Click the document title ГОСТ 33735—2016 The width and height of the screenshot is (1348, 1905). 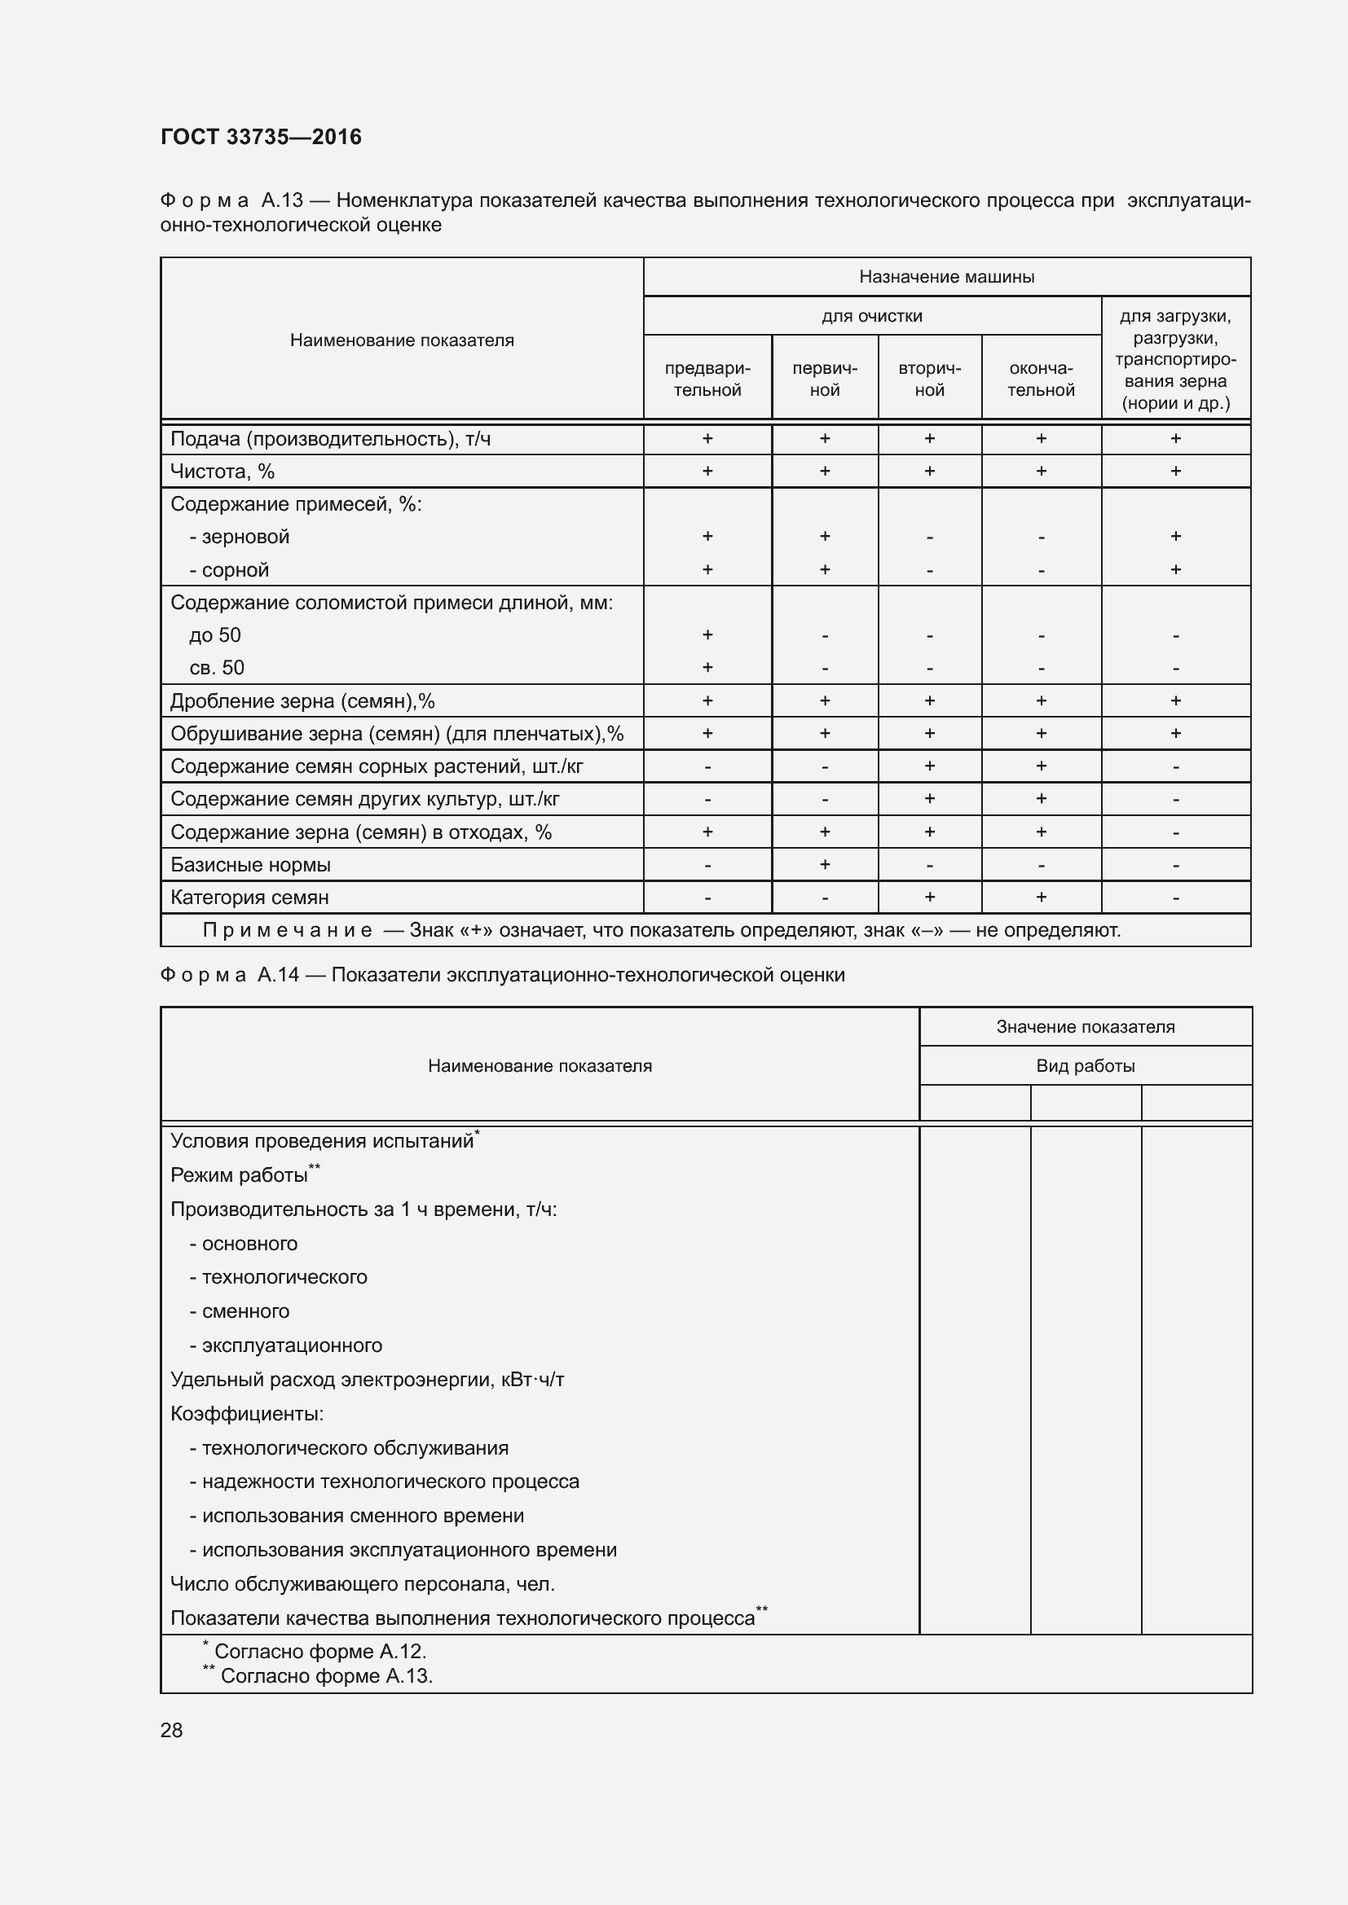pyautogui.click(x=261, y=137)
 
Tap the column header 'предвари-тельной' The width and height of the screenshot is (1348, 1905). pyautogui.click(x=707, y=380)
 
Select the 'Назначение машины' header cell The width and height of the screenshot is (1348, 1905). pyautogui.click(x=946, y=277)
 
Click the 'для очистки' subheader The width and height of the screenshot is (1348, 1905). pyautogui.click(x=871, y=316)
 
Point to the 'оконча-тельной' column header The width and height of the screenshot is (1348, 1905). pyautogui.click(x=1041, y=380)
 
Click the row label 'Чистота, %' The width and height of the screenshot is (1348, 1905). pyautogui.click(x=222, y=472)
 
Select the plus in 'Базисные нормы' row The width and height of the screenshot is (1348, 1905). pyautogui.click(x=824, y=865)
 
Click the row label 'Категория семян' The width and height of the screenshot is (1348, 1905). pyautogui.click(x=249, y=898)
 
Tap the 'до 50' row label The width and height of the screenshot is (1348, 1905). pyautogui.click(x=215, y=635)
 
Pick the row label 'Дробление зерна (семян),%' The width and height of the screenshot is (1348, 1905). pyautogui.click(x=302, y=701)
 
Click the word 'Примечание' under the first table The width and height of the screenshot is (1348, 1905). pyautogui.click(x=287, y=930)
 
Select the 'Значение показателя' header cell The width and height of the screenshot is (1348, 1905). pyautogui.click(x=1085, y=1027)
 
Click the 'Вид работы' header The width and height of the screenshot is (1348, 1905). pyautogui.click(x=1085, y=1066)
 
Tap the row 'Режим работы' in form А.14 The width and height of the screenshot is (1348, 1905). pyautogui.click(x=239, y=1176)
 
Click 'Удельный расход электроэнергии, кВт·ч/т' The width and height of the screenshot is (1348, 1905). pyautogui.click(x=367, y=1380)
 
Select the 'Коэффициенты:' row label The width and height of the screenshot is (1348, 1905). pyautogui.click(x=246, y=1414)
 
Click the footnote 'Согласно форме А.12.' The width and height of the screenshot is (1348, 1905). pyautogui.click(x=319, y=1652)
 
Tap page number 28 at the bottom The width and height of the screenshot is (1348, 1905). pyautogui.click(x=172, y=1731)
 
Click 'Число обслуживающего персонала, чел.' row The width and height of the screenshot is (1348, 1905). pyautogui.click(x=362, y=1584)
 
